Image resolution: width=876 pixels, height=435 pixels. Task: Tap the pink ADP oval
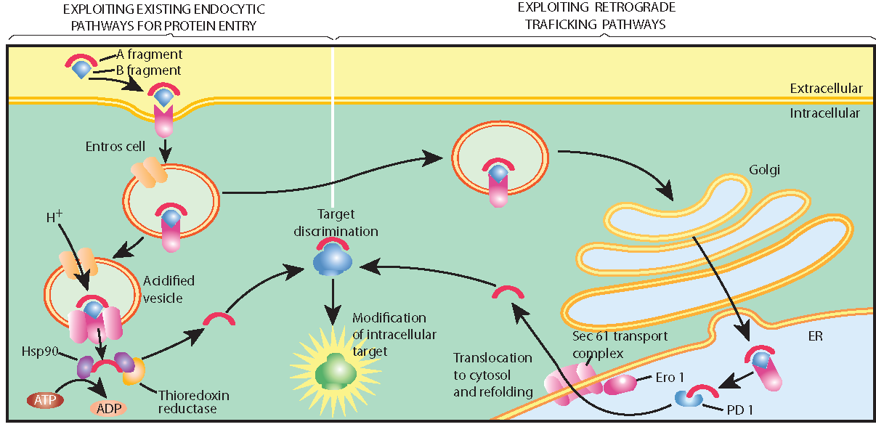[x=108, y=407]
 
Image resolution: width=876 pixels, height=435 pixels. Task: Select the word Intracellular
[x=825, y=113]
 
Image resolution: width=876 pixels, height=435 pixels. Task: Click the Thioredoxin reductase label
[x=193, y=402]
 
